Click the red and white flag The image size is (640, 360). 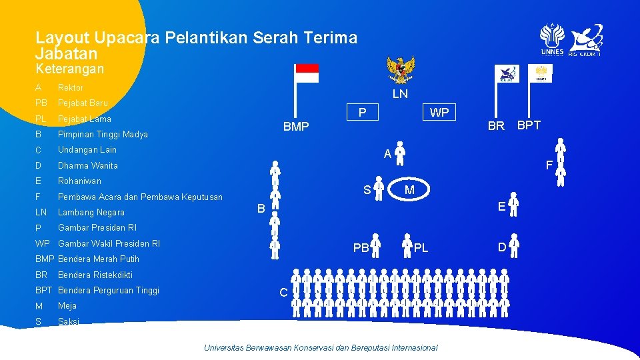(x=307, y=73)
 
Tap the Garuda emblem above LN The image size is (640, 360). (x=401, y=69)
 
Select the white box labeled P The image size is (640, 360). (x=361, y=112)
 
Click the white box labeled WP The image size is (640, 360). (x=439, y=112)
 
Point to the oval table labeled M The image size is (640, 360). (x=409, y=190)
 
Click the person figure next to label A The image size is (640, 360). (x=400, y=153)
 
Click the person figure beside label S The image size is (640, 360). (x=379, y=189)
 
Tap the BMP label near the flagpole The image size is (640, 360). (x=296, y=127)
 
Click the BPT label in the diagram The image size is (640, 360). (x=529, y=125)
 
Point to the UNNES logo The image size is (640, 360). (x=552, y=39)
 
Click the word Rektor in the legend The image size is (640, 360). (x=71, y=87)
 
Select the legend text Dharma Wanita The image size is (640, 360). (x=88, y=165)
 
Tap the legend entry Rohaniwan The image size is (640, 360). (x=80, y=181)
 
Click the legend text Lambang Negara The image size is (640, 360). (x=91, y=212)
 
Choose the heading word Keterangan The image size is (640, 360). (x=69, y=69)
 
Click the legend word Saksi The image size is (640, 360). (x=68, y=321)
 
